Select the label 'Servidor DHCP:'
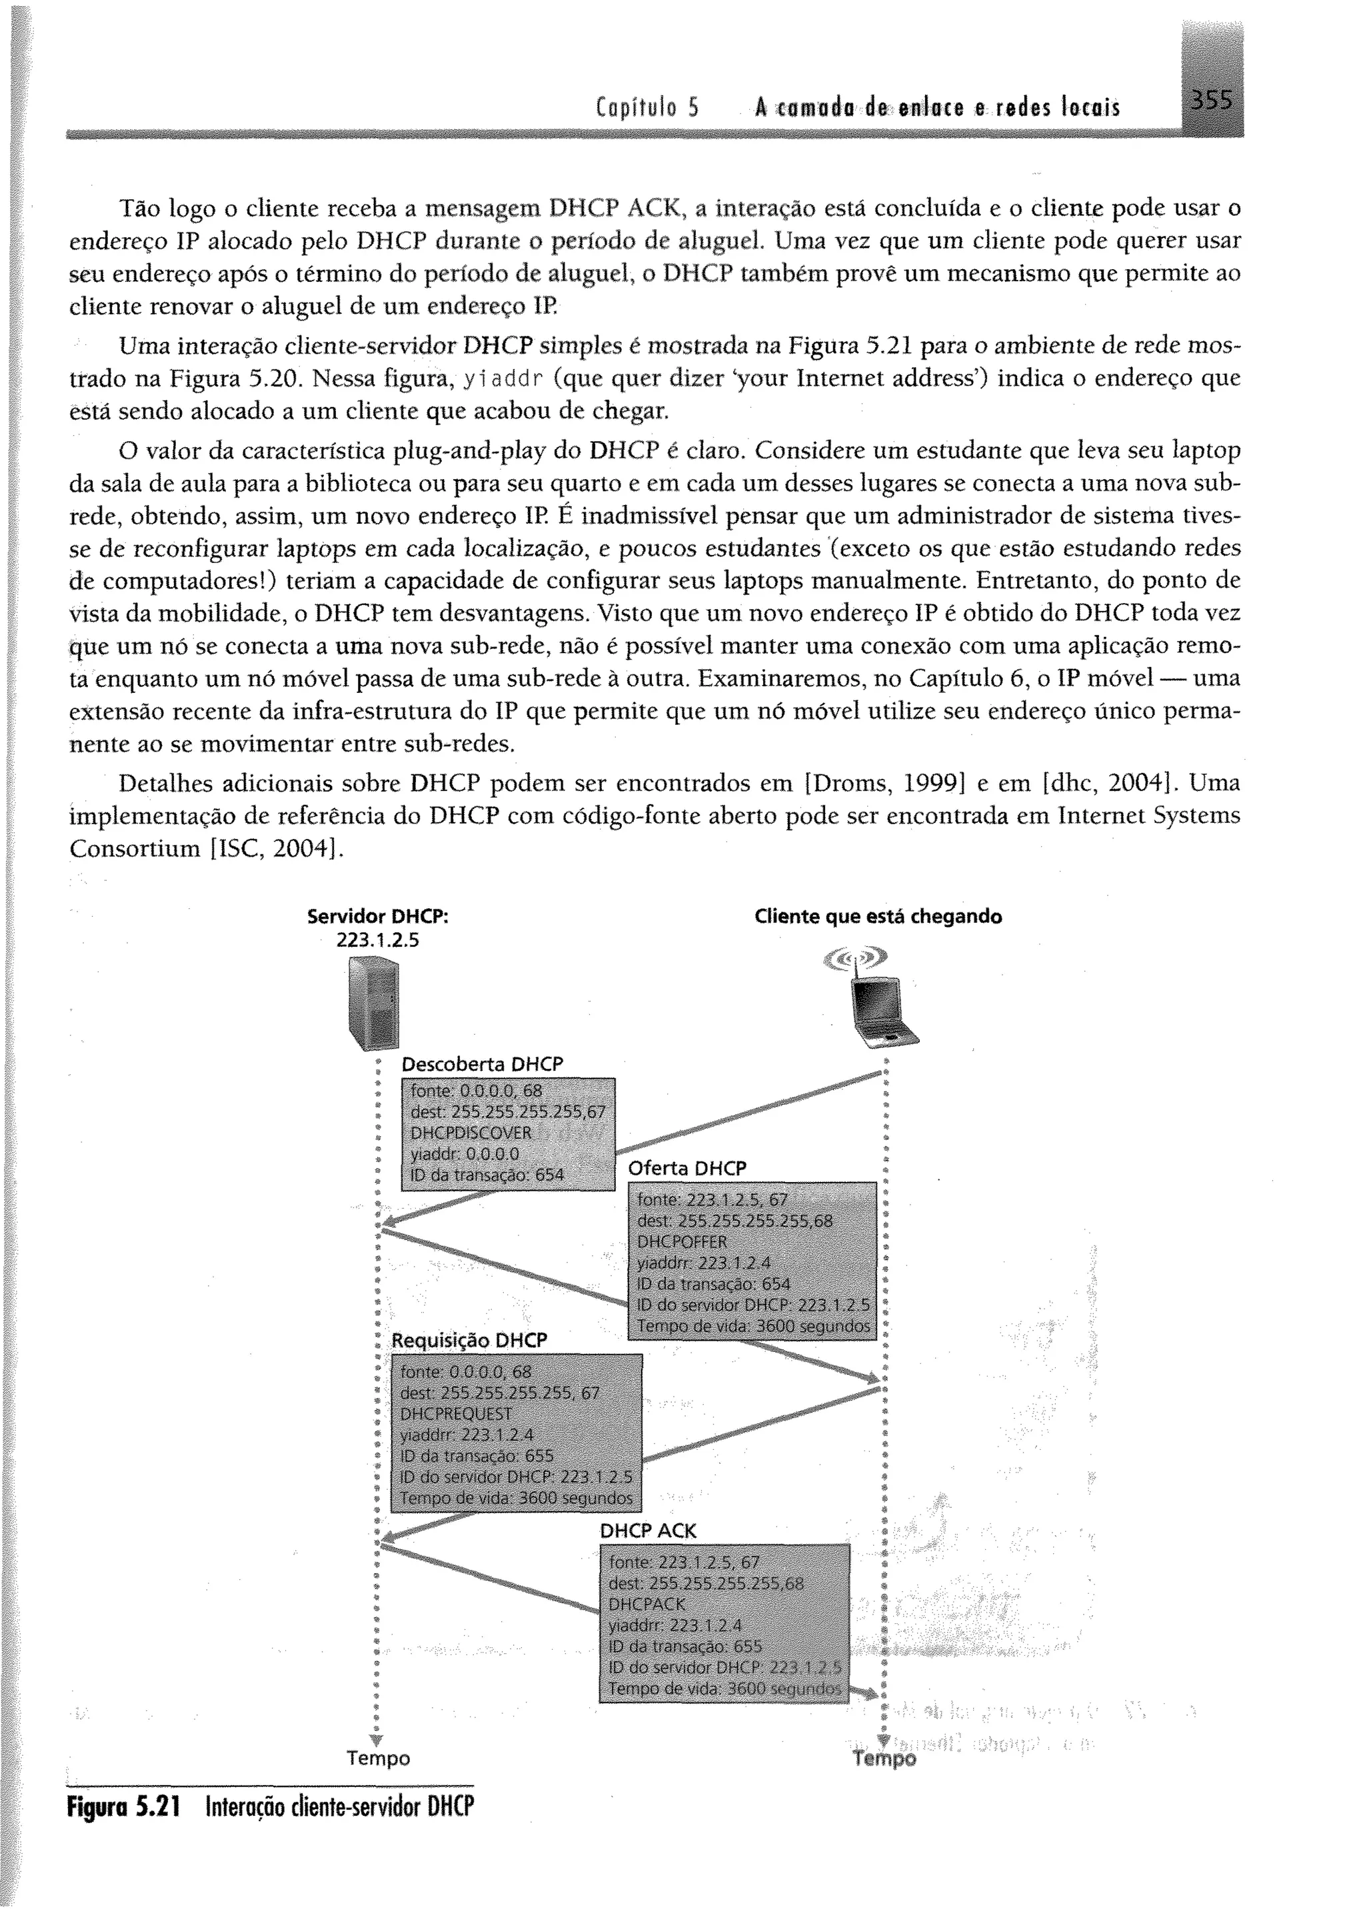(377, 916)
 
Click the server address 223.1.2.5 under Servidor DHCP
(377, 940)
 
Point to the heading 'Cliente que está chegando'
(878, 916)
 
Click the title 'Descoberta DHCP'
(482, 1065)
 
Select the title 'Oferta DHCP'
(686, 1169)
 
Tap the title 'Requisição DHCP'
(469, 1341)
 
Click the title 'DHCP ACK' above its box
(647, 1531)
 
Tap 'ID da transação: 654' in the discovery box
(486, 1175)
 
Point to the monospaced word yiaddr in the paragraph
(502, 380)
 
